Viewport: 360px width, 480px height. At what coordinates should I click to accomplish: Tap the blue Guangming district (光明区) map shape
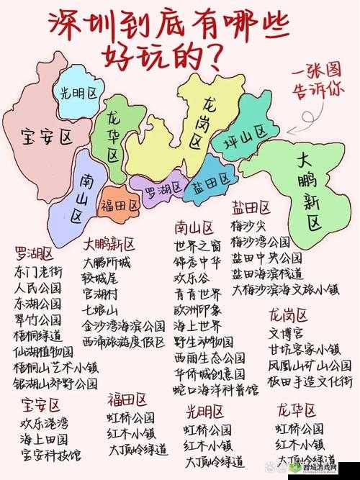click(78, 93)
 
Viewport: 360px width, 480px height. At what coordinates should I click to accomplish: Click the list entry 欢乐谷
click(192, 278)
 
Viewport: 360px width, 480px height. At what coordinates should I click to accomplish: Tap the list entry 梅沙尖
click(248, 225)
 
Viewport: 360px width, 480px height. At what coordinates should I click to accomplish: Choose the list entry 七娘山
click(100, 309)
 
